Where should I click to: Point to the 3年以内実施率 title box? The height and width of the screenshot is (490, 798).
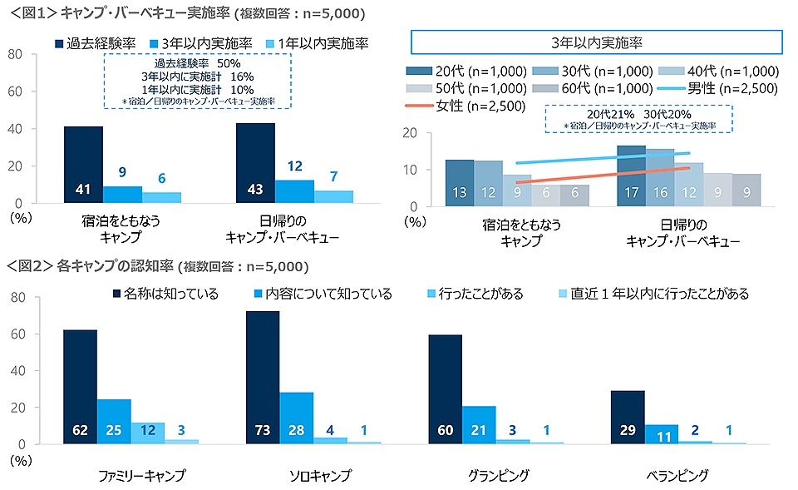click(596, 42)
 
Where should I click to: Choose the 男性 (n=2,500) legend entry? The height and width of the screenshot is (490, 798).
click(720, 88)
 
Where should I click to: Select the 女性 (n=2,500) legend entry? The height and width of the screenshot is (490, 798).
click(456, 106)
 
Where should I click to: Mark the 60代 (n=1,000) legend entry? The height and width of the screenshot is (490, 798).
click(594, 88)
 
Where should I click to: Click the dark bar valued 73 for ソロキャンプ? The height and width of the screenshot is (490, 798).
click(263, 378)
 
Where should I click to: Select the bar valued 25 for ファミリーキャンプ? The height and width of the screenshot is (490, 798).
click(114, 422)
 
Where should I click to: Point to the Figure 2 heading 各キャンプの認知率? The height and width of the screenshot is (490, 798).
click(113, 267)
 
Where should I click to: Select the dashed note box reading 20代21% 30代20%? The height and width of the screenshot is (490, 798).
click(638, 117)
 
